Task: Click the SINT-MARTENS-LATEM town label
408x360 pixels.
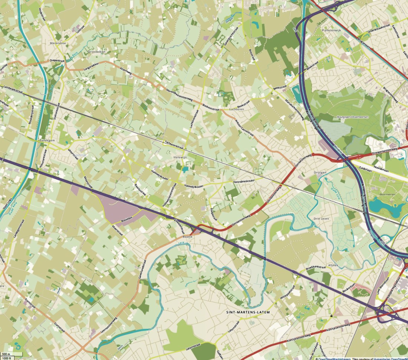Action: coord(248,312)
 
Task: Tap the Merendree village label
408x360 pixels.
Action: coord(57,43)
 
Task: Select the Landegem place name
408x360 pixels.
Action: coord(46,141)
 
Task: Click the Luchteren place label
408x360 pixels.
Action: coord(237,109)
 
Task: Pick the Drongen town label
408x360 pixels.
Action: coord(319,173)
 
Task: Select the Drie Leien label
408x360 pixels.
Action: coord(321,219)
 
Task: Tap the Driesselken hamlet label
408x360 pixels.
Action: coord(97,52)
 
